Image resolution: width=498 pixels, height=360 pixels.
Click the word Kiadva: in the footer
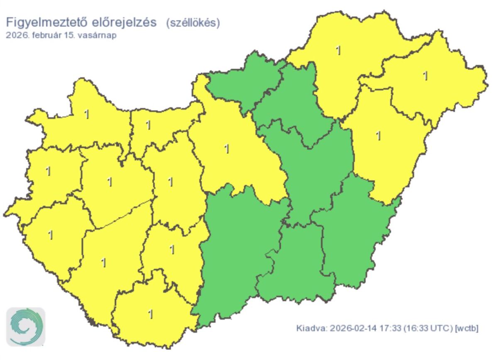click(311, 328)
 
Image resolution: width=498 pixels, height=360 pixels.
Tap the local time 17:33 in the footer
click(387, 328)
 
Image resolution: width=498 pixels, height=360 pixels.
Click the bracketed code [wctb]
click(467, 328)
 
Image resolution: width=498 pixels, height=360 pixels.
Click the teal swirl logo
click(26, 327)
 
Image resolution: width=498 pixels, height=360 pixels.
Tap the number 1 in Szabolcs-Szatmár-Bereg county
click(425, 76)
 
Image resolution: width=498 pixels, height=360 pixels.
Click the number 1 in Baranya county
click(151, 314)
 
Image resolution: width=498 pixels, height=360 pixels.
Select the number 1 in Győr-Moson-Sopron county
click(87, 114)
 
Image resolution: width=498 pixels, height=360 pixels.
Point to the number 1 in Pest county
click(227, 148)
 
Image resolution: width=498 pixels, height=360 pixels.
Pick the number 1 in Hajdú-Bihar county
click(378, 136)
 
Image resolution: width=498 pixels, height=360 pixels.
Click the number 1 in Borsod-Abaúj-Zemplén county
click(339, 51)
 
